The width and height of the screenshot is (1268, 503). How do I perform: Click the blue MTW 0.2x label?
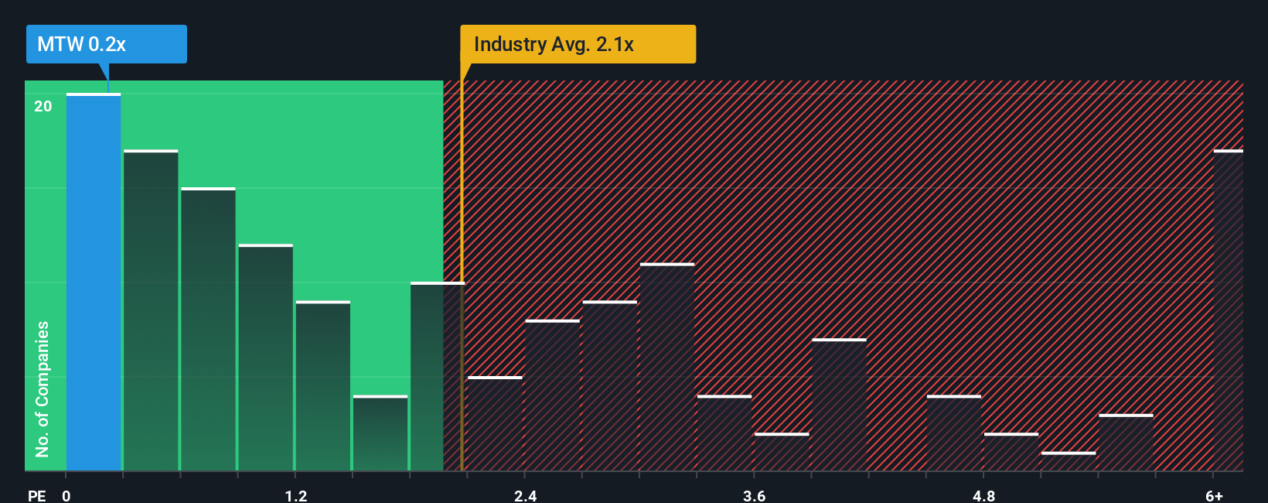tap(106, 44)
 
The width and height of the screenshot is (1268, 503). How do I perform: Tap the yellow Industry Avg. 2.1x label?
tap(577, 44)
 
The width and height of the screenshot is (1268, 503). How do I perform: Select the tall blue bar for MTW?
tap(94, 282)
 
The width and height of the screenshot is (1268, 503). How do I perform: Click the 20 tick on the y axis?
tap(43, 107)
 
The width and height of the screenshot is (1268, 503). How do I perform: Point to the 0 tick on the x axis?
tap(66, 495)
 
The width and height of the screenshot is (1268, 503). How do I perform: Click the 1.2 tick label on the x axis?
tap(295, 495)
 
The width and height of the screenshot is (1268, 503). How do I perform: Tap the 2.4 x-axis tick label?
tap(525, 495)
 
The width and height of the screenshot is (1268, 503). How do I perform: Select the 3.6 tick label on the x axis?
tap(754, 495)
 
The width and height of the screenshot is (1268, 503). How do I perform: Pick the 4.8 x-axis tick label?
tap(983, 495)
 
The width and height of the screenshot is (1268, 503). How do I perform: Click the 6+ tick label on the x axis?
tap(1214, 495)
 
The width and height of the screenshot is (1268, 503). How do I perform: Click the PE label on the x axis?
tap(36, 495)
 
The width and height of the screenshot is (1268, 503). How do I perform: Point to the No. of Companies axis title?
tap(43, 388)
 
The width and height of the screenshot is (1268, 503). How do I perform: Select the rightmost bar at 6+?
tap(1228, 310)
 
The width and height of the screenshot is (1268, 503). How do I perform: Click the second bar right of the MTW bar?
tap(208, 329)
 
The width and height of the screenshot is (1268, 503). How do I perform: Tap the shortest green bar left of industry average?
tap(380, 433)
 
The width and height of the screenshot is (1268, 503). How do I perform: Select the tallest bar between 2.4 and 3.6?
tap(667, 368)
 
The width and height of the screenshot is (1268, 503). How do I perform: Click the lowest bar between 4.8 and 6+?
tap(1069, 461)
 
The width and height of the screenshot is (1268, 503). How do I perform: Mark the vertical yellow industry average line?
tap(462, 310)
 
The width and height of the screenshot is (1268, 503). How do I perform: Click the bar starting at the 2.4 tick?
tap(552, 395)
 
